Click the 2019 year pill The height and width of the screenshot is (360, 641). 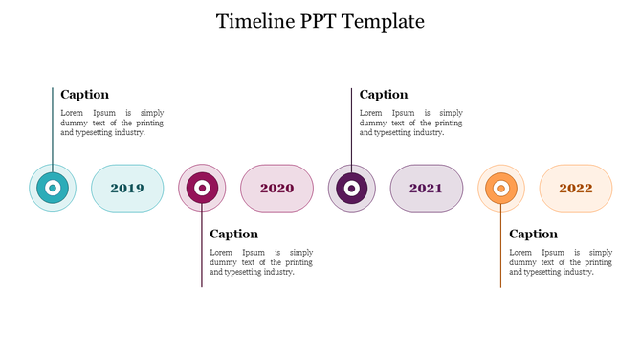(x=127, y=189)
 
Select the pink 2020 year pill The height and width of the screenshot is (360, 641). (x=276, y=189)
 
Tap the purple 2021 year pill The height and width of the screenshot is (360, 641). (x=426, y=189)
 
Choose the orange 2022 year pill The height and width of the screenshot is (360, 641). (x=576, y=189)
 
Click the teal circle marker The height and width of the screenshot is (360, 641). (x=53, y=189)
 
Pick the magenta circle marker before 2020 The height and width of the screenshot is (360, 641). (x=202, y=189)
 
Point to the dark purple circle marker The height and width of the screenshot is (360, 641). (x=351, y=189)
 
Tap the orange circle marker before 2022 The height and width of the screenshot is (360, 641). (x=500, y=189)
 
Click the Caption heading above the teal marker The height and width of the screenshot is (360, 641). (x=85, y=95)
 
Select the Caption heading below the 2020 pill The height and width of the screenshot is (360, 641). (x=234, y=234)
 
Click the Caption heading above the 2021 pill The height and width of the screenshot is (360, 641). (x=384, y=95)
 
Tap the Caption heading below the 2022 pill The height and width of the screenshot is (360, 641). (x=533, y=234)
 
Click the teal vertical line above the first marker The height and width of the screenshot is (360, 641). (x=53, y=124)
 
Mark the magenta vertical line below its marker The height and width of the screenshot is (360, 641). (x=202, y=254)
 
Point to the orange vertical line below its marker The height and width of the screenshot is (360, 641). (x=500, y=254)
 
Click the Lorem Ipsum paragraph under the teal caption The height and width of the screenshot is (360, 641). (x=112, y=123)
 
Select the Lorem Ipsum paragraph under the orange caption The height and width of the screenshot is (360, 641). (x=561, y=261)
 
